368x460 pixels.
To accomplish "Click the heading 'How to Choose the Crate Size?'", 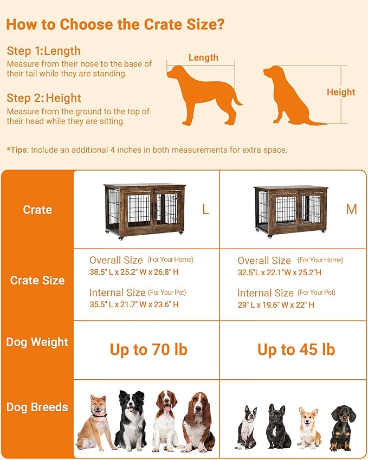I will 115,24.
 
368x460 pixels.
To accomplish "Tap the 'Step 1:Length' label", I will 44,51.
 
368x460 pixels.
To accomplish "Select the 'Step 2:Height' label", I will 44,98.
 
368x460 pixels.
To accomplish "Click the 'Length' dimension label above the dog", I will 203,57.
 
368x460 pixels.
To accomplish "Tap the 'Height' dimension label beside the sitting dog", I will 341,92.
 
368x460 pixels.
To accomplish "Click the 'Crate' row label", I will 37,210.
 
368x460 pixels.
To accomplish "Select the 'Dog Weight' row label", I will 37,342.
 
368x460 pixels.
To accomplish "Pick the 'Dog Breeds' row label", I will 37,407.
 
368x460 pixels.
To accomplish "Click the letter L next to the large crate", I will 205,210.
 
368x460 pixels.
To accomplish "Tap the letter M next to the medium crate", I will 352,209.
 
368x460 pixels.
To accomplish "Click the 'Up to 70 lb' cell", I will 149,349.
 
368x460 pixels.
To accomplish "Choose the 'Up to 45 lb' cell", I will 296,349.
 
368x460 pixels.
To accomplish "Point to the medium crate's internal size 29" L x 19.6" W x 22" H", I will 276,304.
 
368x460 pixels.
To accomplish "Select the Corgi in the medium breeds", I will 309,428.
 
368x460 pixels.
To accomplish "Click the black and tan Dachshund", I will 343,428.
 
